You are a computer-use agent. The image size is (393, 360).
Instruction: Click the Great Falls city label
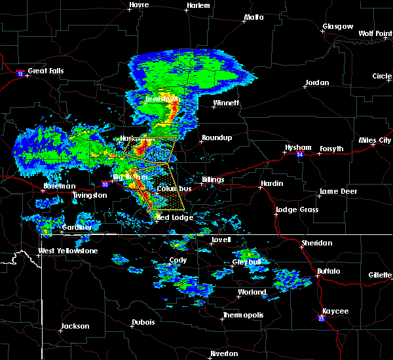(x=47, y=71)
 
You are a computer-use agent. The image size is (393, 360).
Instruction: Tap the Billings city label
(x=212, y=179)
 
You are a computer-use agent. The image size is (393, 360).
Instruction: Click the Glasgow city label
(x=337, y=27)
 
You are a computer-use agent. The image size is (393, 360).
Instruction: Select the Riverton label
(x=224, y=353)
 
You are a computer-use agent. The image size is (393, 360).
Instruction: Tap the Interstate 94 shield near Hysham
(x=299, y=154)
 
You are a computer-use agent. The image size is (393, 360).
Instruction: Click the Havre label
(x=139, y=5)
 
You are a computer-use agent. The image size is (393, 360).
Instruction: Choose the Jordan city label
(x=316, y=83)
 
